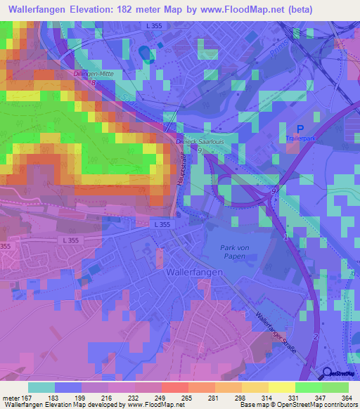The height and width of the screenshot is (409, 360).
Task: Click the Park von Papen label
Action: point(236,252)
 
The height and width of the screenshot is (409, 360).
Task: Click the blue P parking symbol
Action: point(300,129)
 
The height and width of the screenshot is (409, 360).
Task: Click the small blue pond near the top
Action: point(145,53)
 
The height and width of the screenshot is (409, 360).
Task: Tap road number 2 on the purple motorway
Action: point(316,338)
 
